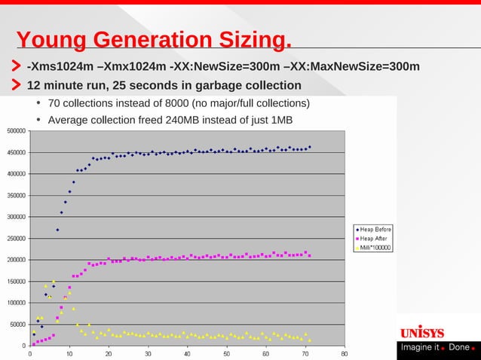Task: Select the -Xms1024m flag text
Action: (63, 66)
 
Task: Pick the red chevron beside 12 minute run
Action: (15, 84)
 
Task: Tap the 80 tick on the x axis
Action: (344, 352)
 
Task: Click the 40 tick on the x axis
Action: (187, 352)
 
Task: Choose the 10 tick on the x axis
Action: (69, 352)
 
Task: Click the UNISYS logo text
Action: (421, 333)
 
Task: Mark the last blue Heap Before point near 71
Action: (309, 147)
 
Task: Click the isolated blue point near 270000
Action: (57, 230)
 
